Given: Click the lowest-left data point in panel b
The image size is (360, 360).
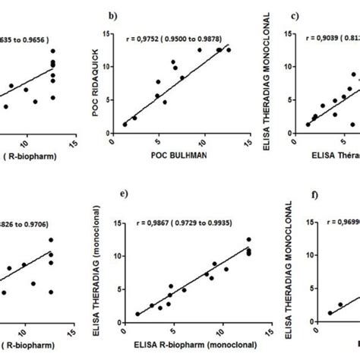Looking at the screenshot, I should tap(125, 125).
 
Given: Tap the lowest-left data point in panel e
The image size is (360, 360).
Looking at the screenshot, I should tap(137, 314).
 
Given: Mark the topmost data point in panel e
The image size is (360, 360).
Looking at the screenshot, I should tap(248, 240).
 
